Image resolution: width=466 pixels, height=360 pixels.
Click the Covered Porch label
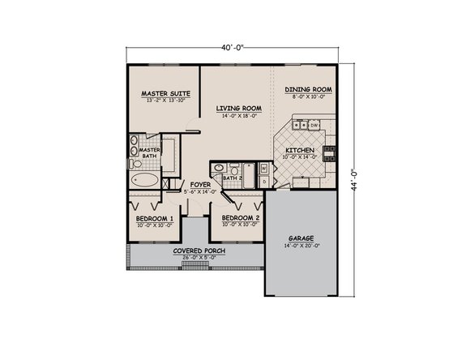[199, 251]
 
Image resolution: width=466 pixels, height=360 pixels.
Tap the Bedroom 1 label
[155, 219]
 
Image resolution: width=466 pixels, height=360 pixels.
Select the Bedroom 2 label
[240, 219]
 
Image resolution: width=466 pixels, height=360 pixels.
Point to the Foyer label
[200, 186]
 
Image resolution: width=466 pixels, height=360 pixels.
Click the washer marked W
[264, 169]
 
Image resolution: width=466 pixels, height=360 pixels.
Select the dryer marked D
[264, 182]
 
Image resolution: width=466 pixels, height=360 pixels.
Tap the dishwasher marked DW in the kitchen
[314, 125]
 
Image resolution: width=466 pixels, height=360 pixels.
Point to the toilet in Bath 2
[231, 169]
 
